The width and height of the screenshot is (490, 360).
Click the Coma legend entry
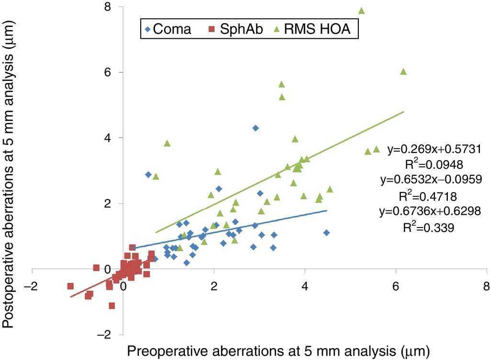coord(168,29)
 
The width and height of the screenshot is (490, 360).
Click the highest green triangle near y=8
coord(362,11)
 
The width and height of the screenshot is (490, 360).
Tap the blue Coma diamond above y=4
coord(256,128)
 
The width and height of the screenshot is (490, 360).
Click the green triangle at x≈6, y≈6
coord(403,71)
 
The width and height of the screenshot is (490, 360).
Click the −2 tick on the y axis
coord(105,335)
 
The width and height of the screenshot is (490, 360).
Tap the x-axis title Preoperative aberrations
coord(275,351)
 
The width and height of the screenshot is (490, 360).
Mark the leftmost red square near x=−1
coord(71,286)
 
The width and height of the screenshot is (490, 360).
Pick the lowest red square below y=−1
coord(112,305)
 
